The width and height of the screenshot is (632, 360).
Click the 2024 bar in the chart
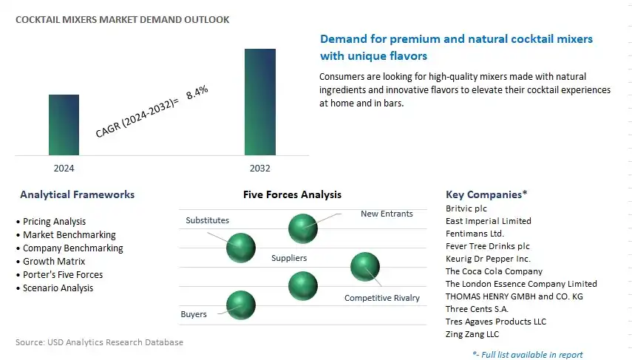[64, 125]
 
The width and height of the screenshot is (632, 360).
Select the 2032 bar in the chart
[260, 102]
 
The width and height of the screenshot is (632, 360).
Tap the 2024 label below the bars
[64, 168]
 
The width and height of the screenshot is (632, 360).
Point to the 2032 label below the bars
[260, 168]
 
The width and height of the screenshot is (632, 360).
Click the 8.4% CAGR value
[197, 92]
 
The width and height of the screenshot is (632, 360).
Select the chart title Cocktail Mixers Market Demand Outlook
[122, 19]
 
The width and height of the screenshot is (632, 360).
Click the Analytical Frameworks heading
[78, 194]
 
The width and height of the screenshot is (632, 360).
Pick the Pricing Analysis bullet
[51, 221]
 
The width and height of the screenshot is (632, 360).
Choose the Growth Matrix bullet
[51, 261]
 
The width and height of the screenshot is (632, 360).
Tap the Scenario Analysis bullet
[55, 288]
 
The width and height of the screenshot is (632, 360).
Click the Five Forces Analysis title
[292, 194]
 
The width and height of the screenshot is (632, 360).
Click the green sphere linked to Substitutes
[241, 248]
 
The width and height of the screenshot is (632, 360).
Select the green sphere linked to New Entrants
[303, 228]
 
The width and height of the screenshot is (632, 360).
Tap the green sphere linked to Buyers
[241, 305]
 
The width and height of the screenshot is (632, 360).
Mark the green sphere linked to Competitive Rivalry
[364, 266]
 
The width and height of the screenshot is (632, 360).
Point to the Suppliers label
[289, 258]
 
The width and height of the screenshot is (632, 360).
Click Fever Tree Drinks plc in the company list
[488, 246]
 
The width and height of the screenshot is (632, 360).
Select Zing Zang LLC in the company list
[472, 334]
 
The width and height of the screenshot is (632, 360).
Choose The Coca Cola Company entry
[495, 271]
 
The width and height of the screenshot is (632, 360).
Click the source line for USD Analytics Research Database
[99, 342]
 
